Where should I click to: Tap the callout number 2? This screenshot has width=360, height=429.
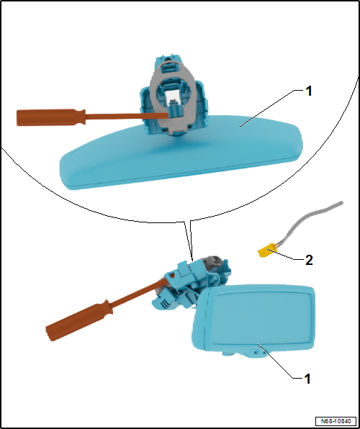tap(309, 260)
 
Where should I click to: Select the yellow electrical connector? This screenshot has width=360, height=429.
tap(268, 250)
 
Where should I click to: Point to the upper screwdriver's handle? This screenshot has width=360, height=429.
tap(51, 117)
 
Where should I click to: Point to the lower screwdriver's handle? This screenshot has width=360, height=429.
tap(79, 320)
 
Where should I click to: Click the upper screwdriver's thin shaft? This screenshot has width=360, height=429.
tap(127, 117)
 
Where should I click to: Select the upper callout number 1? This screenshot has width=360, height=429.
tap(309, 91)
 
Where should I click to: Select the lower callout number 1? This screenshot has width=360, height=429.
tap(307, 379)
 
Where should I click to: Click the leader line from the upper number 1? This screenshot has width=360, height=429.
tap(267, 108)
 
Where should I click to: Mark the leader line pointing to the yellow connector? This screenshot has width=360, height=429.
tap(286, 255)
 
